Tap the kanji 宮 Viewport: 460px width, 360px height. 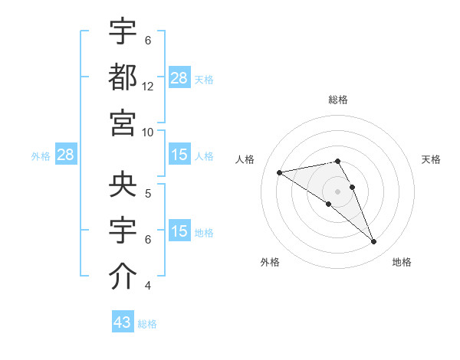[123, 122]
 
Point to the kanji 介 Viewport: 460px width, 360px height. [123, 277]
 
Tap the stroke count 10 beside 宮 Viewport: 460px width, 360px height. [148, 132]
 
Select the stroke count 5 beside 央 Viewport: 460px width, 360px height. [148, 194]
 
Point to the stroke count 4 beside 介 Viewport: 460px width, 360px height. [148, 286]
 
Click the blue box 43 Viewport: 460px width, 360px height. [123, 322]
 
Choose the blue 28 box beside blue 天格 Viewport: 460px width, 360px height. [179, 77]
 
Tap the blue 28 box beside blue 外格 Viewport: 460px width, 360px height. [66, 155]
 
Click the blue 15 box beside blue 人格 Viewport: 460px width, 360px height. [179, 155]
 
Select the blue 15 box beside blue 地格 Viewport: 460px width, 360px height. [179, 231]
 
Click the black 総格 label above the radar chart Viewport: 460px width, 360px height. [338, 100]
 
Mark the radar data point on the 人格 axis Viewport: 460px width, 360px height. [280, 172]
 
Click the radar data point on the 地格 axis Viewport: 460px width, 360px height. [374, 242]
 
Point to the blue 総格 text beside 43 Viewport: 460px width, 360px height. [147, 324]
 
